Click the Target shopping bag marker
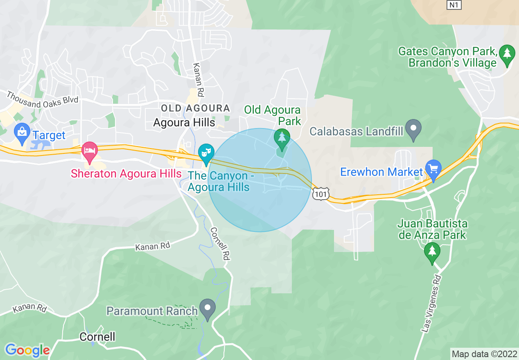[21, 132]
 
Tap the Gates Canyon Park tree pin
[507, 54]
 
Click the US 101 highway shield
[320, 194]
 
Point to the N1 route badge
[453, 4]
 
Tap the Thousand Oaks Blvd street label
[42, 100]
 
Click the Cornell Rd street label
[220, 244]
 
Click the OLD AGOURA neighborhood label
[195, 108]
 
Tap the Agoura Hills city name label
[184, 122]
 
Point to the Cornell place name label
[97, 337]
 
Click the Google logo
[27, 350]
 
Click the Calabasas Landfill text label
[356, 131]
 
